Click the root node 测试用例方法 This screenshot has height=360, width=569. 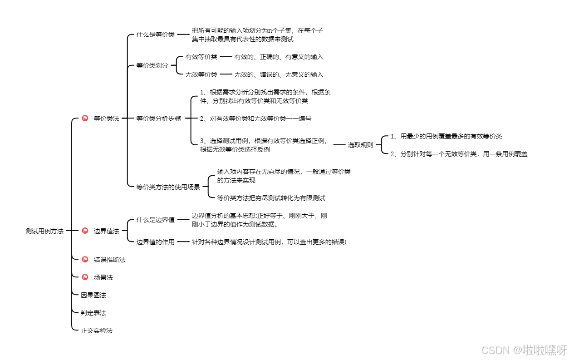click(x=44, y=231)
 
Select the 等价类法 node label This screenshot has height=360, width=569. click(x=106, y=118)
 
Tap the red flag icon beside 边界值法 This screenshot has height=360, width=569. click(x=85, y=231)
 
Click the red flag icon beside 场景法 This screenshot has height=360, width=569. click(x=85, y=277)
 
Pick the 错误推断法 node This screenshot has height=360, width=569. click(x=109, y=260)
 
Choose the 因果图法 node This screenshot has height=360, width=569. click(x=93, y=295)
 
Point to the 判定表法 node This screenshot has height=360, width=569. click(x=93, y=313)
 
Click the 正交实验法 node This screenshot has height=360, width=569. click(x=96, y=330)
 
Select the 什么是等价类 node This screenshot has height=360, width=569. click(x=155, y=35)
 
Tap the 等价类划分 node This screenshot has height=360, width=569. click(x=152, y=65)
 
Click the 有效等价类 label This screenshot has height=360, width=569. click(x=201, y=57)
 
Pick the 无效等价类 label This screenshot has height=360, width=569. click(x=201, y=74)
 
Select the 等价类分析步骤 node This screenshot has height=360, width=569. click(x=158, y=118)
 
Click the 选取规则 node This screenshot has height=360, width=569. click(x=360, y=145)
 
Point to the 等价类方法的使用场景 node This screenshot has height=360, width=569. click(x=168, y=187)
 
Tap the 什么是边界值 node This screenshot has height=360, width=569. click(x=155, y=220)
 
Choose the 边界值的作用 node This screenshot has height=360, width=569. click(x=155, y=242)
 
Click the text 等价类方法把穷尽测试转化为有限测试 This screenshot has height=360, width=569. click(x=271, y=198)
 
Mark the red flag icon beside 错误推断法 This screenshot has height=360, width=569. click(x=85, y=260)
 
